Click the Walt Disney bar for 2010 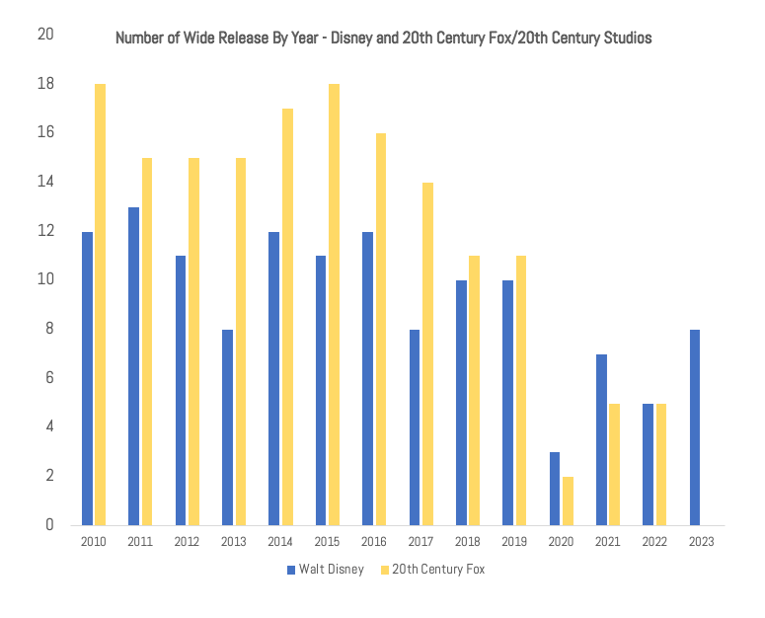(x=87, y=378)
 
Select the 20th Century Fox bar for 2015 (x=334, y=304)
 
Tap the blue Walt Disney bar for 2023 (x=696, y=426)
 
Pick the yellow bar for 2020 (x=568, y=501)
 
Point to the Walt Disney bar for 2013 (x=227, y=426)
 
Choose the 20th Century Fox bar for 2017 (x=427, y=353)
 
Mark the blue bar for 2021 (x=602, y=439)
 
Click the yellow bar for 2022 (x=661, y=464)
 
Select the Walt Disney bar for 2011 (x=133, y=365)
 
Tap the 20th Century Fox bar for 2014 (x=287, y=316)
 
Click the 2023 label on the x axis (x=702, y=542)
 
